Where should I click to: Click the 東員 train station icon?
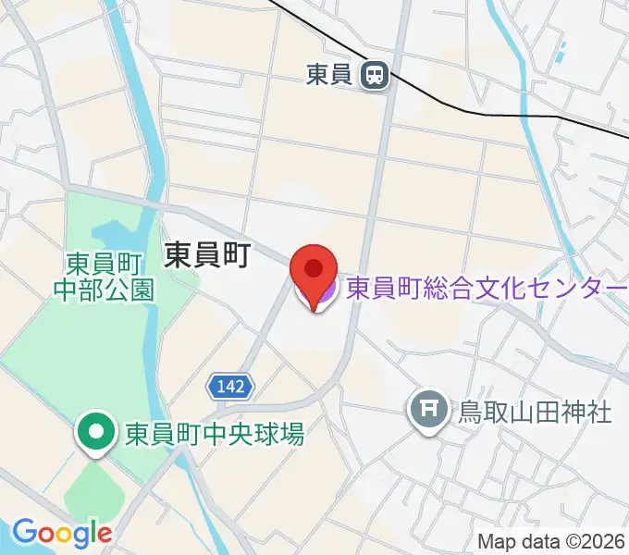pos(375,75)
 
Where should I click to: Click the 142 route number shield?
pos(228,387)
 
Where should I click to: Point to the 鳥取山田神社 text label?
pos(535,410)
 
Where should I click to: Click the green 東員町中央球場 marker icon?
pos(96,431)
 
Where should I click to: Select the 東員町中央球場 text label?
pos(215,433)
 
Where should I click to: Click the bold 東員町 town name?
pos(206,255)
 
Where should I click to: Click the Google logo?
pos(61,533)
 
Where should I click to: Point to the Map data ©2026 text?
pos(551,542)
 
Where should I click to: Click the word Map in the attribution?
pos(494,542)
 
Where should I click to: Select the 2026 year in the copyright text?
pos(606,542)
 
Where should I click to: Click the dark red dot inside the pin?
pos(314,269)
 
